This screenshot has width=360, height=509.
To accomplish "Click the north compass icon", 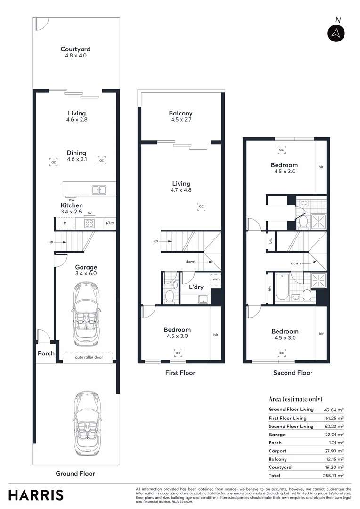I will click(x=336, y=33).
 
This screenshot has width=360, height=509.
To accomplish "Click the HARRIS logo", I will click(x=36, y=494).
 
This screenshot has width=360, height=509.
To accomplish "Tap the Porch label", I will click(x=46, y=353).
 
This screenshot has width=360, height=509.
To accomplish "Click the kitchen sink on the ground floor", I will click(x=99, y=190).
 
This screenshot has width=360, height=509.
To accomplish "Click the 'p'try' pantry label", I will click(x=110, y=223).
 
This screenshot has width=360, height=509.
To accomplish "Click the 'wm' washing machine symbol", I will click(x=216, y=279).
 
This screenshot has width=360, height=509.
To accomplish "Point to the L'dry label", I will click(x=196, y=287).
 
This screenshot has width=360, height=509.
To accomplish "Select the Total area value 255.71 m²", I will click(x=334, y=476).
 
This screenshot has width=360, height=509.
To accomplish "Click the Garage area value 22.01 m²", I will click(x=334, y=435).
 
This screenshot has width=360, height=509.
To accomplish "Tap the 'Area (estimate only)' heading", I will click(x=295, y=399).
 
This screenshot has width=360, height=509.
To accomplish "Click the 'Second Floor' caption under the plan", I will click(x=293, y=373).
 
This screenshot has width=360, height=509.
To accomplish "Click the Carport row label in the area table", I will click(x=277, y=451).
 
